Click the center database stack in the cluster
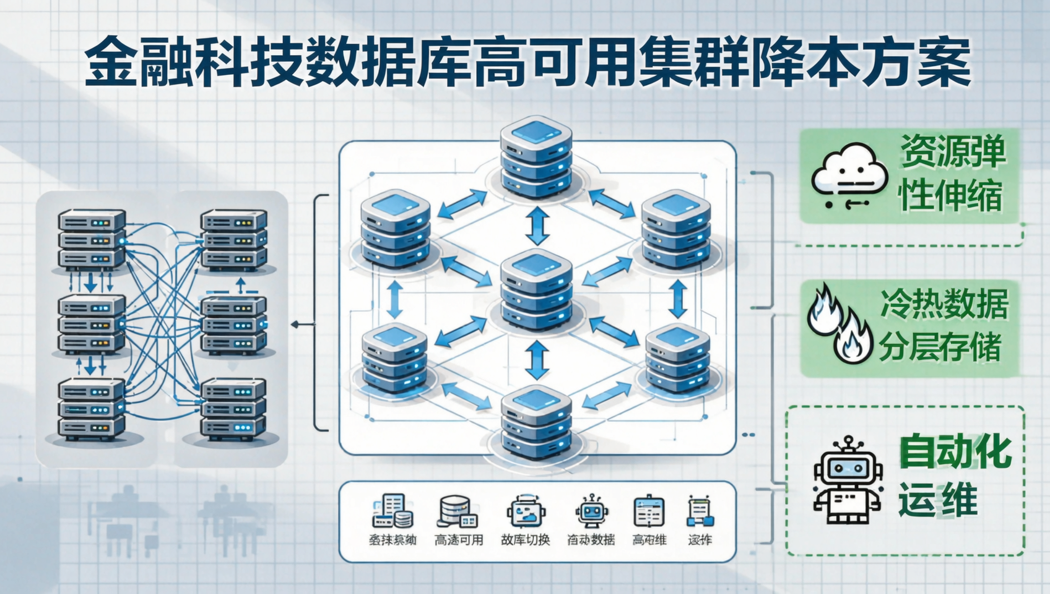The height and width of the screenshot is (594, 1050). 536,290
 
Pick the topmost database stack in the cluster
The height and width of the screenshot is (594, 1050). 536,157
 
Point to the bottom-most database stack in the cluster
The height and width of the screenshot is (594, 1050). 536,423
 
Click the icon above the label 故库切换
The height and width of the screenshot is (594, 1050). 526,512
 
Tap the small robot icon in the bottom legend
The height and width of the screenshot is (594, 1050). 592,512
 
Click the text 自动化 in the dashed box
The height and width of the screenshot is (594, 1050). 955,452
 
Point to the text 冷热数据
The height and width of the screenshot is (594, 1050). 944,304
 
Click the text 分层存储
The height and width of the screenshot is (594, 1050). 940,347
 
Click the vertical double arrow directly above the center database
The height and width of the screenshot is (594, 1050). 537,226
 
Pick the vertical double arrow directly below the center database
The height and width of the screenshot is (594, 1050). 537,359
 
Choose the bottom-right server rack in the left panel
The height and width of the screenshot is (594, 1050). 233,409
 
